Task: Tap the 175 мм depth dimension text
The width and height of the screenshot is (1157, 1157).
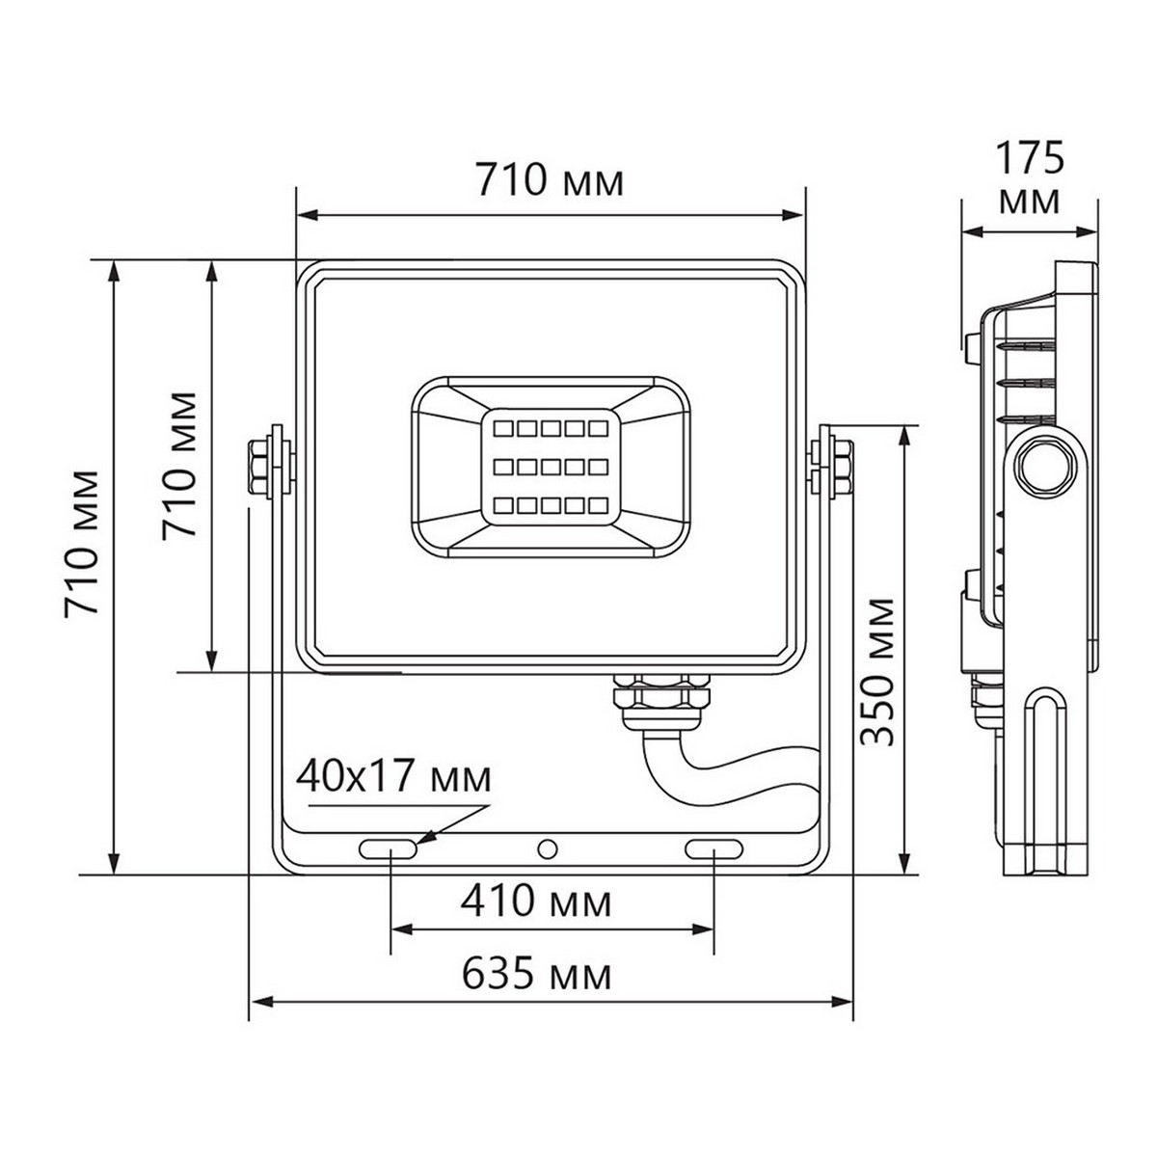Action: tap(1030, 178)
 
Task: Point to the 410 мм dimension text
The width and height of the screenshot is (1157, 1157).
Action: tap(536, 902)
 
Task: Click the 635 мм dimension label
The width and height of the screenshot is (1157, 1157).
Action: tap(536, 976)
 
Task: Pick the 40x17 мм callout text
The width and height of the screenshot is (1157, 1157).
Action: tap(393, 776)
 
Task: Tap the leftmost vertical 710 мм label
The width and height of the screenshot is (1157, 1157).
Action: tap(81, 544)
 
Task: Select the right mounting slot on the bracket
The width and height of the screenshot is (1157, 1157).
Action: tap(713, 848)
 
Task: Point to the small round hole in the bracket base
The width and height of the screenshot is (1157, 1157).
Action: tap(548, 848)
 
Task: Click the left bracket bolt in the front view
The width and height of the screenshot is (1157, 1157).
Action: tap(261, 466)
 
